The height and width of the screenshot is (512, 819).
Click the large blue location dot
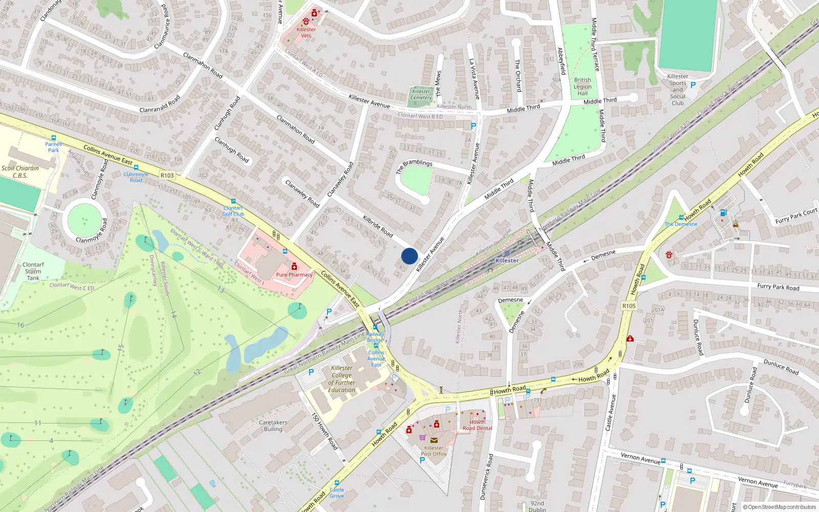tap(409, 255)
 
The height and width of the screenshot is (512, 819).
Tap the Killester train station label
tap(507, 261)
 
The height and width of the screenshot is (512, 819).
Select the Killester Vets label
tap(306, 32)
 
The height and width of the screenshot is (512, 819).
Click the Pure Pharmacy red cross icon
tap(294, 267)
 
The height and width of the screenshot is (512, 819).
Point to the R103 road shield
tap(167, 175)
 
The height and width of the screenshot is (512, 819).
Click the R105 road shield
tap(629, 306)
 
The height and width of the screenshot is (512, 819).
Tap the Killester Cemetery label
tap(421, 95)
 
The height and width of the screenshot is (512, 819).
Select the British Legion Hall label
tap(583, 87)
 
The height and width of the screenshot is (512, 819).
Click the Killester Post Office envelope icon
tap(434, 440)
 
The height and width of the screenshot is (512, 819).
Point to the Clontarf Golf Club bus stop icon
tap(233, 202)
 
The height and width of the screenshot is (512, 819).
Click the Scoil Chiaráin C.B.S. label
tap(20, 172)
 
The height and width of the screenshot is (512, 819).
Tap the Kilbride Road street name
tap(378, 226)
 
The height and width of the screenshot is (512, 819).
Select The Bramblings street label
tap(414, 166)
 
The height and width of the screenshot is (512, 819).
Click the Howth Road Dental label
tap(477, 425)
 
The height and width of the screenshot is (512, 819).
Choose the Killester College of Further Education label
tap(341, 379)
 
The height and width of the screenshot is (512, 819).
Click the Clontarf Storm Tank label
tap(33, 271)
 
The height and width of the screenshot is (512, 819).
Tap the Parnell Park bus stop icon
tap(53, 138)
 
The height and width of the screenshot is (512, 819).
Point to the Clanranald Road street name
tap(160, 103)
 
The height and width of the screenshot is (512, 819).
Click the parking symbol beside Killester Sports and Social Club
tap(693, 85)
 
